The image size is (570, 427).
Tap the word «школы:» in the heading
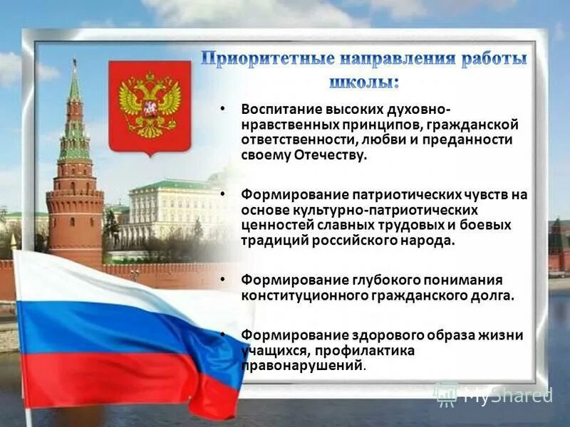364,81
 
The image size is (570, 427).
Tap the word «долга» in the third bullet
494,295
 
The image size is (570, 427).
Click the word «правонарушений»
302,366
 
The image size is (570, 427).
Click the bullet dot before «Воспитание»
224,109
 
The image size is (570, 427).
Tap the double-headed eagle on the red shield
150,103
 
